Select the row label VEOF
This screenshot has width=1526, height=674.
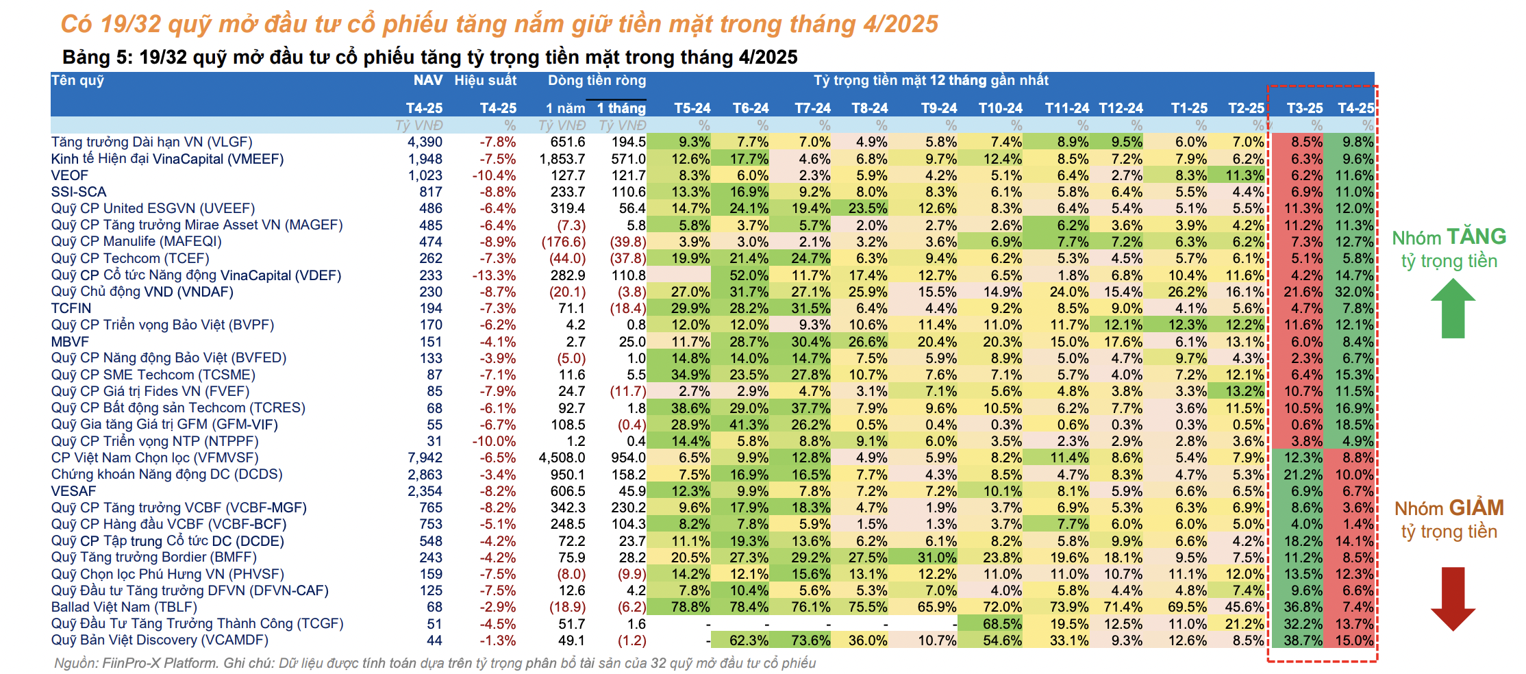click(x=69, y=175)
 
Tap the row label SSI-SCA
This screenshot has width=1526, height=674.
click(x=78, y=192)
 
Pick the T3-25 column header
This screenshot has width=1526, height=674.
click(x=1304, y=108)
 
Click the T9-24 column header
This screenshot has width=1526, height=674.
click(x=938, y=108)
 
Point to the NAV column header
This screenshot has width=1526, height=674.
click(x=427, y=81)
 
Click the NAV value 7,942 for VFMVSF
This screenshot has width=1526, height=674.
click(x=425, y=458)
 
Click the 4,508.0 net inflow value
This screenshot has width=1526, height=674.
click(x=562, y=458)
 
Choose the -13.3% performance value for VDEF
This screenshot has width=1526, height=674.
click(x=493, y=275)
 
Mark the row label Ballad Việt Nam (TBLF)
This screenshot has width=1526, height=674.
click(x=124, y=608)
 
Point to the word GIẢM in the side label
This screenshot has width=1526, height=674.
click(x=1476, y=508)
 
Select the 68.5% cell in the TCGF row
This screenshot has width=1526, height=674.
click(x=1001, y=624)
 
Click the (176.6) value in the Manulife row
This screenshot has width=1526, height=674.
click(x=563, y=242)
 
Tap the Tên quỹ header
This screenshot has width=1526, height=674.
click(x=77, y=81)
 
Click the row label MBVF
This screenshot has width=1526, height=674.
click(x=70, y=342)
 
